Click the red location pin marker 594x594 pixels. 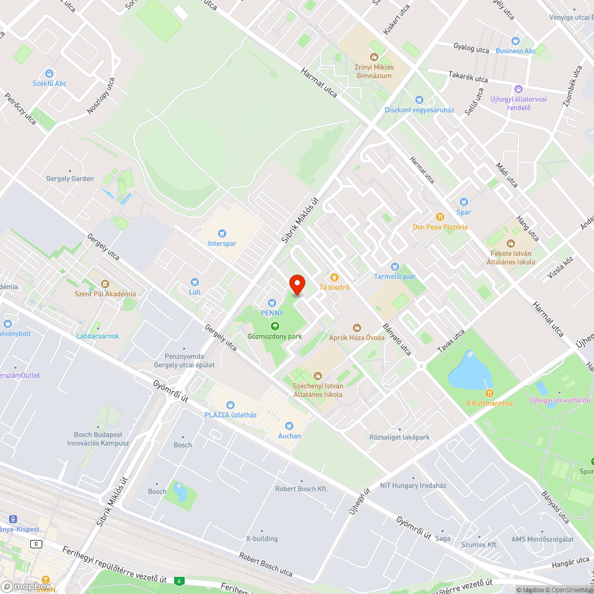297,285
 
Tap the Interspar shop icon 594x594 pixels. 222,233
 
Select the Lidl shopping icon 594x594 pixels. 194,282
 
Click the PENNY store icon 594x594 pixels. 273,303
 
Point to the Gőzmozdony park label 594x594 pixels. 274,336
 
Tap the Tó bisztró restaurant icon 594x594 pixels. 334,277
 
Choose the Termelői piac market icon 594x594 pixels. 394,266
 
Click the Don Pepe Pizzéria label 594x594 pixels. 440,227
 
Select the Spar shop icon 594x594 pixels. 464,202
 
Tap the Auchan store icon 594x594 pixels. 289,425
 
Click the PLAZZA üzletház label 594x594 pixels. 230,415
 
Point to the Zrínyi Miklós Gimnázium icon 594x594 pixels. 374,57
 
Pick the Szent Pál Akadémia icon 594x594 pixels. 105,284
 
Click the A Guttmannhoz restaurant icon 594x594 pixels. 489,393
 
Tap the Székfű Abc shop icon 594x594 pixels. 50,73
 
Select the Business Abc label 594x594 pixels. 516,51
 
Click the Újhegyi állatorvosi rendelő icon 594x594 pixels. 518,89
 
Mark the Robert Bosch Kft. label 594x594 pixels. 302,489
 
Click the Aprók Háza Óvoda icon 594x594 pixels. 357,327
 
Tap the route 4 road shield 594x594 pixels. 178,580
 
